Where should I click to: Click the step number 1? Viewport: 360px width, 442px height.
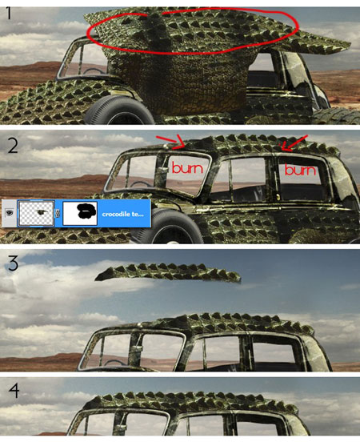coord(9,14)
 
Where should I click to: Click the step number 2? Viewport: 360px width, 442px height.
coord(12,146)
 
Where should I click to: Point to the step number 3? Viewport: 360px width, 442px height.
coord(12,263)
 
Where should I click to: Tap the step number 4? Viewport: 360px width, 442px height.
coord(14,391)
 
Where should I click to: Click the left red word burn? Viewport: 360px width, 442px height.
coord(187,168)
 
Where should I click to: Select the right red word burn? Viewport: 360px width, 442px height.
coord(300,170)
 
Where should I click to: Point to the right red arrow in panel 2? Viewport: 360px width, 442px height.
coord(294,143)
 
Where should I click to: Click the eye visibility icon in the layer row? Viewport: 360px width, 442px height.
coord(10,213)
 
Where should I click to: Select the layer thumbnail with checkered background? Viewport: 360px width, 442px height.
coord(36,213)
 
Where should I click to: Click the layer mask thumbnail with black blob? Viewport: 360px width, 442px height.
coord(80,213)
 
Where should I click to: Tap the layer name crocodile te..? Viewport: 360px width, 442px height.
coord(123,214)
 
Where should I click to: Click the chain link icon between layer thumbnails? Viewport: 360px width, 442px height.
coord(58,213)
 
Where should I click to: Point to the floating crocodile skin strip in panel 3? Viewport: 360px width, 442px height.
coord(168,272)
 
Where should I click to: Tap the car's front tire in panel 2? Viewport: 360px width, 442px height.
coord(166,226)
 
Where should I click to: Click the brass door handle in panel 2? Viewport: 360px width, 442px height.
coord(278,196)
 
